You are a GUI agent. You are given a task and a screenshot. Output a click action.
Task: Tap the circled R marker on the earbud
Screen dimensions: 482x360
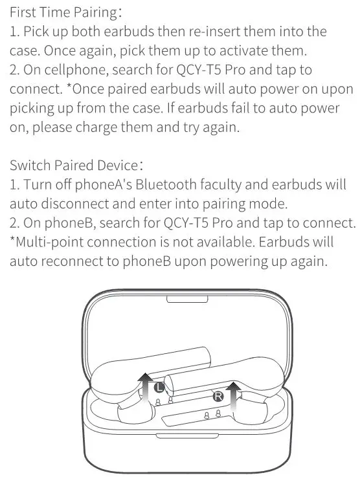(218, 394)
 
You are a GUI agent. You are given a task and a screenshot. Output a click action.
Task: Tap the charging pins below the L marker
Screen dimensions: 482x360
(163, 402)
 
